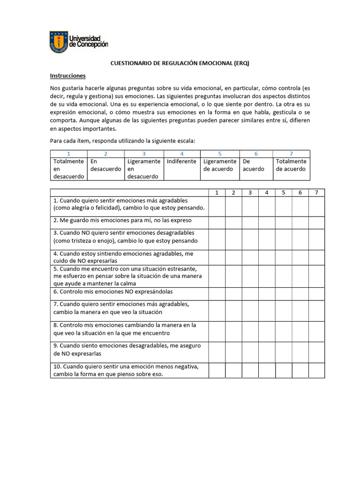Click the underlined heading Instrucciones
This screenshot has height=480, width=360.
(x=67, y=75)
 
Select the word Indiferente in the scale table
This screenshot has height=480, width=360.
(x=181, y=161)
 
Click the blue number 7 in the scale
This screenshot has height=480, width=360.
(x=291, y=154)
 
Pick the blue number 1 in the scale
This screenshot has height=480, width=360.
(x=68, y=154)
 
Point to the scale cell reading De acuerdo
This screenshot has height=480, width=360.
(x=253, y=165)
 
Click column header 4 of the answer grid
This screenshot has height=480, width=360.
(x=266, y=192)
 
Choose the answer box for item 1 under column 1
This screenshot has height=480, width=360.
(x=217, y=206)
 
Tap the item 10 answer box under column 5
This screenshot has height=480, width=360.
(x=283, y=370)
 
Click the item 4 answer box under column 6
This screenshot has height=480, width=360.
(x=300, y=257)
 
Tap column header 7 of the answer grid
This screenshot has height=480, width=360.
(x=316, y=192)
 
